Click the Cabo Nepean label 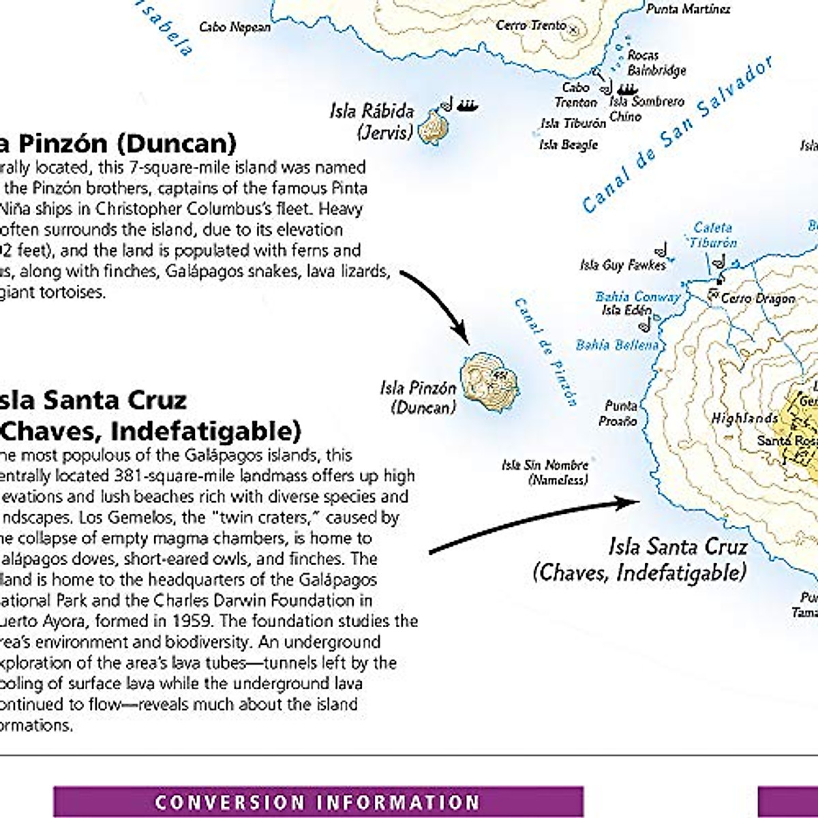pyautogui.click(x=234, y=27)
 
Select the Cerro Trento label pyautogui.click(x=531, y=25)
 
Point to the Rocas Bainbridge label pyautogui.click(x=656, y=63)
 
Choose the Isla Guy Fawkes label pyautogui.click(x=622, y=265)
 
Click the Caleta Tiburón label pyautogui.click(x=712, y=235)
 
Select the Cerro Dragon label pyautogui.click(x=757, y=299)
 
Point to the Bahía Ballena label pyautogui.click(x=617, y=345)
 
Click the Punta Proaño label pyautogui.click(x=619, y=413)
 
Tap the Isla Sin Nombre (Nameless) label pyautogui.click(x=545, y=472)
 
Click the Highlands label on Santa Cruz pyautogui.click(x=744, y=418)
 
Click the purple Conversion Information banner pyautogui.click(x=318, y=802)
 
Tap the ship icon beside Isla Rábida pyautogui.click(x=467, y=105)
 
